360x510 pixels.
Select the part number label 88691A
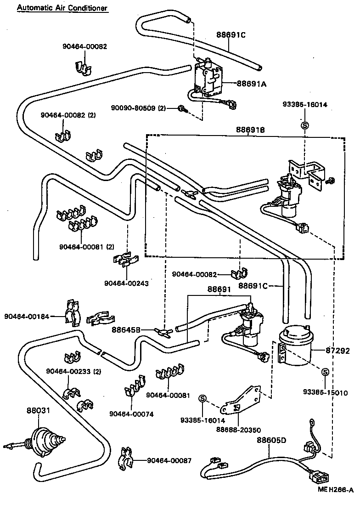(239, 84)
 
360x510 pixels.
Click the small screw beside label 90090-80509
(182, 109)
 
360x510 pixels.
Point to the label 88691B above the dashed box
(244, 130)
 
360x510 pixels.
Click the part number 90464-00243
(126, 283)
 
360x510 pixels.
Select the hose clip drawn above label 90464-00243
(125, 261)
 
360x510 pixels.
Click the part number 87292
(337, 351)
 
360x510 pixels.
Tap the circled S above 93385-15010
(325, 371)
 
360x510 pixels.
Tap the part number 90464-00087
(169, 460)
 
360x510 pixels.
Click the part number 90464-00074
(131, 414)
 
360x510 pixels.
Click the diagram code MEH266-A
(335, 502)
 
